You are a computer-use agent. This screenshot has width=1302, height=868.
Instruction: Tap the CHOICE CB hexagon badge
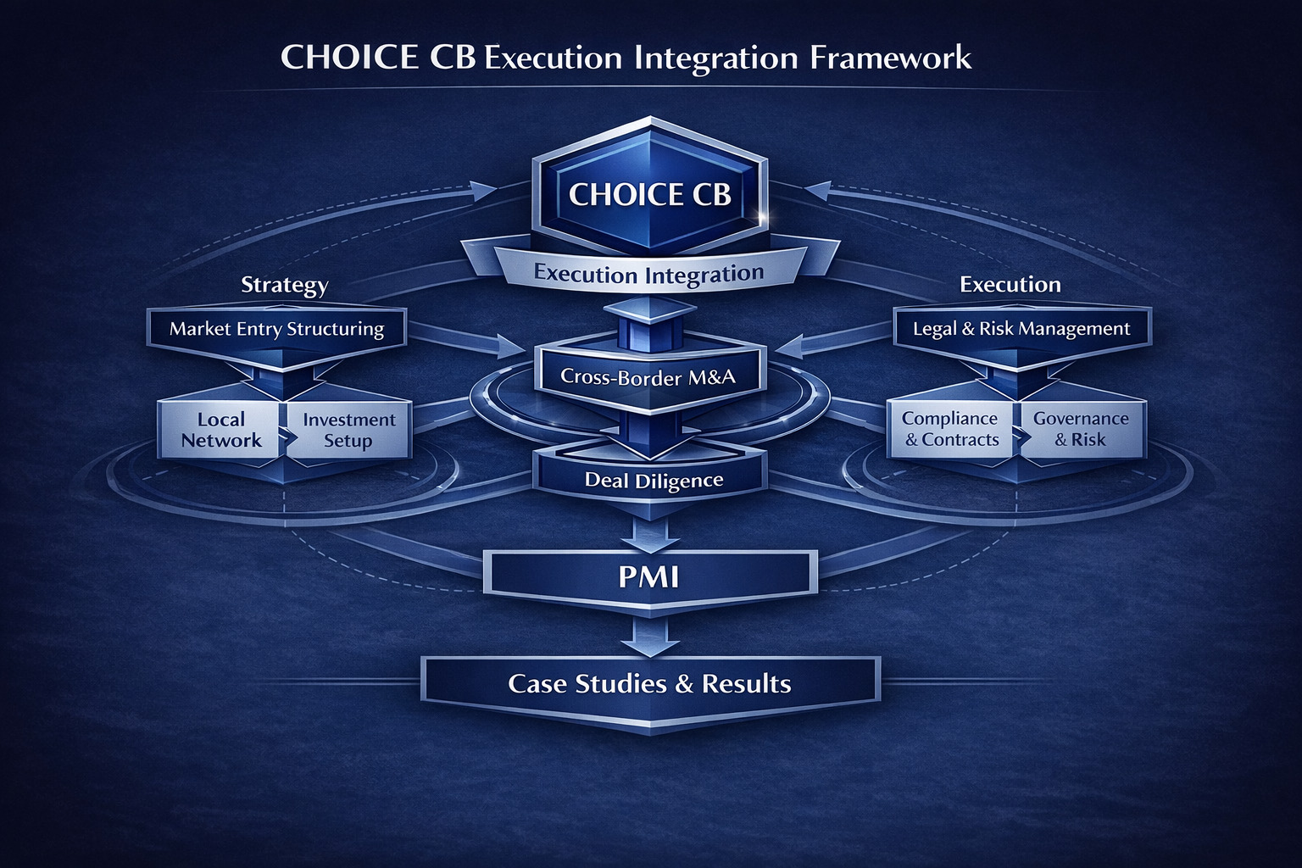click(x=649, y=194)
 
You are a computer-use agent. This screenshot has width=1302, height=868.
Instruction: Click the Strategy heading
click(x=284, y=285)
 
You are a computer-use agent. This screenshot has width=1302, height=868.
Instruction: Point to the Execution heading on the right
click(x=1010, y=285)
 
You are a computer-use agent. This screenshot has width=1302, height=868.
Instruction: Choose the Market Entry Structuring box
click(x=276, y=329)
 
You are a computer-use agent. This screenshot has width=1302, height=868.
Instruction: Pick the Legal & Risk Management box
click(x=1021, y=329)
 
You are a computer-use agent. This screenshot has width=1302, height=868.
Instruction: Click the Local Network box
click(x=220, y=430)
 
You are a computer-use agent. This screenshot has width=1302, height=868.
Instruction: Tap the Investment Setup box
click(x=348, y=430)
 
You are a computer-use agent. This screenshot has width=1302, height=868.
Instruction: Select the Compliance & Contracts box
click(x=950, y=429)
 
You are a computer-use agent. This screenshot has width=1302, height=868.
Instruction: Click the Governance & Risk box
click(x=1081, y=429)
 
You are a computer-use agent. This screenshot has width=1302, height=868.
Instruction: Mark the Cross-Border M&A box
click(x=648, y=376)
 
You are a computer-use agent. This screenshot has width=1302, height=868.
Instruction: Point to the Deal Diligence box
click(x=654, y=481)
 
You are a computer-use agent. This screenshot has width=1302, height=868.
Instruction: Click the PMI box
click(x=649, y=576)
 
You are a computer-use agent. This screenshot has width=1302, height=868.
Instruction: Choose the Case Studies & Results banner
click(x=649, y=683)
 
